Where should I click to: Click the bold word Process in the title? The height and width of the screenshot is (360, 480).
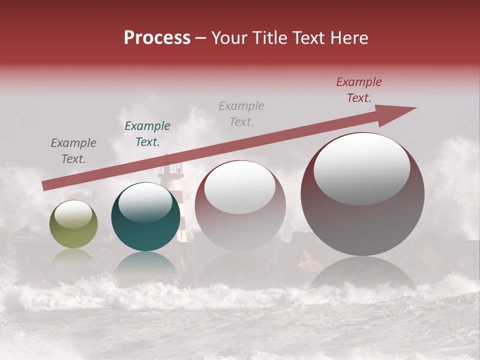pos(157,38)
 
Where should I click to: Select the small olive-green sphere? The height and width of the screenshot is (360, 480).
pos(73,224)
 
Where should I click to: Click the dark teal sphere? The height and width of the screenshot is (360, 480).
pos(145,217)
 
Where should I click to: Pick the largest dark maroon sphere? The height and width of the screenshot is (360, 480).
pos(362,194)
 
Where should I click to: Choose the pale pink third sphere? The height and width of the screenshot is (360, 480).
pos(240,205)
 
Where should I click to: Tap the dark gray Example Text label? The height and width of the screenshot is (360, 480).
pos(73,151)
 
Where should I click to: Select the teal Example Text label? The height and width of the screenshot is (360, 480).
pos(147,134)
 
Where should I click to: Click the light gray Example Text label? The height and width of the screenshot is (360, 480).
pos(241,114)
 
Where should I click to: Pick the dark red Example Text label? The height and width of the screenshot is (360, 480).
pos(359,90)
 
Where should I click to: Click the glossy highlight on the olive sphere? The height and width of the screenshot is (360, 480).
pos(73,214)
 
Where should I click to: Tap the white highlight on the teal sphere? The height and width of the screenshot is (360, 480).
pos(145,203)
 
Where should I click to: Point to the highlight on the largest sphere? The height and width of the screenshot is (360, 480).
pos(362,168)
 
